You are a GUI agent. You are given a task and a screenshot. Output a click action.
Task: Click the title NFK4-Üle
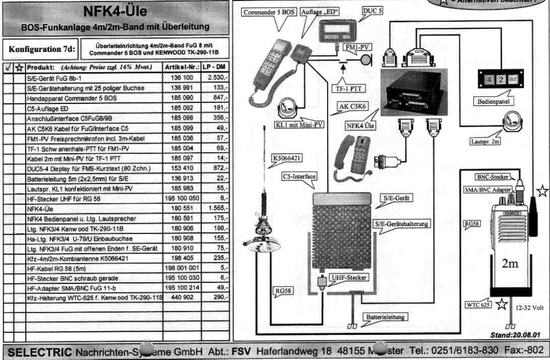(115, 11)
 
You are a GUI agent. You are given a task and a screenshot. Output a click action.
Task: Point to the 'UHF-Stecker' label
(348, 277)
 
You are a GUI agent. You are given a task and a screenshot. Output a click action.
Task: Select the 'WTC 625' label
(478, 305)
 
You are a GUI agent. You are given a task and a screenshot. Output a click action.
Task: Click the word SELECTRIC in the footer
(38, 351)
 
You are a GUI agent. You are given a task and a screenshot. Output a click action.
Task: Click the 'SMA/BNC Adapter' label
(487, 190)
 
